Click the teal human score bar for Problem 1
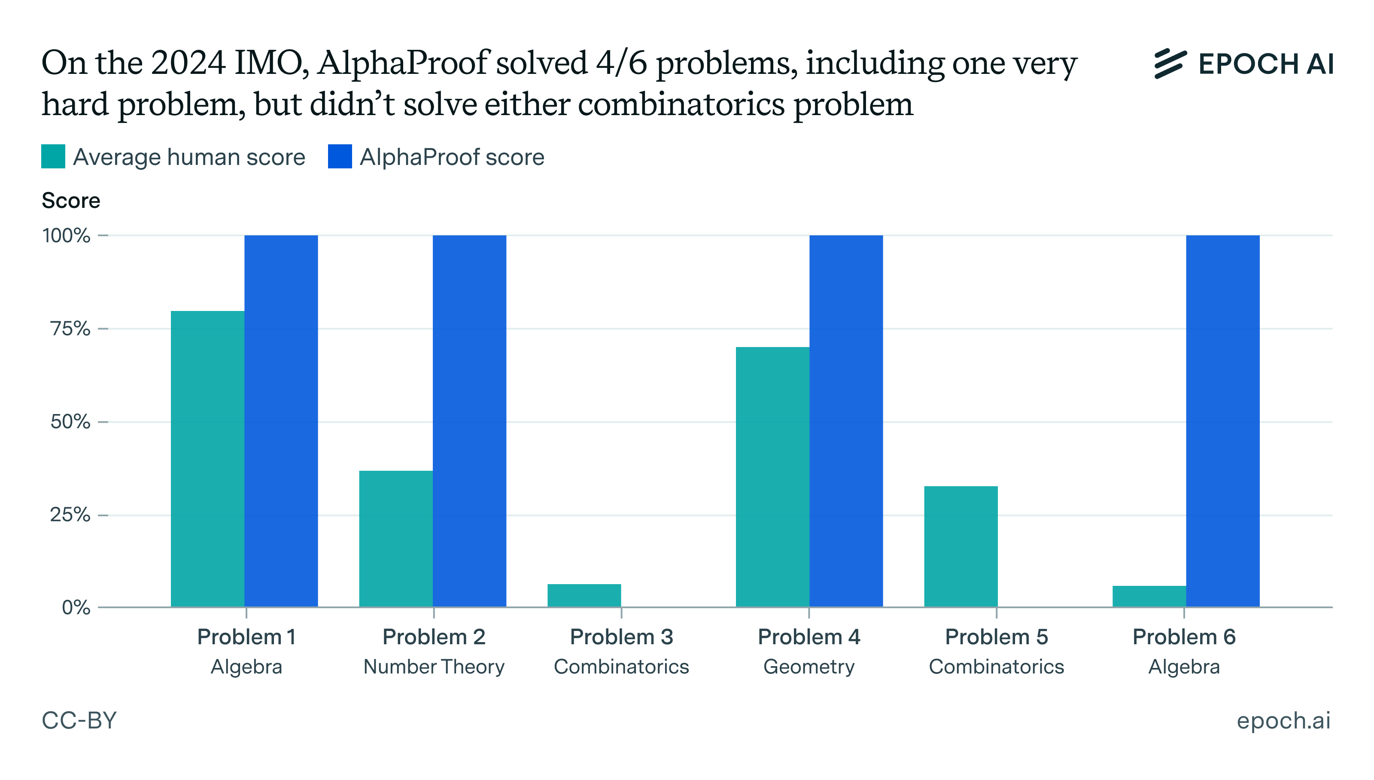pos(207,459)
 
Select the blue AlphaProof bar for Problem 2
pos(469,420)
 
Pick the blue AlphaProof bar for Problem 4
pos(845,420)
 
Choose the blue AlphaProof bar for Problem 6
pos(1222,420)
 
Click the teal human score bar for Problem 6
pos(1149,596)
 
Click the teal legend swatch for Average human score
pos(53,156)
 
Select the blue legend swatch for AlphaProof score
pos(340,156)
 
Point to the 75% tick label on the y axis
pos(70,329)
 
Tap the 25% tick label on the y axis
pos(70,515)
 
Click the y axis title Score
pos(71,200)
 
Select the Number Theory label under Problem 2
pos(434,667)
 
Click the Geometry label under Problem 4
pos(809,667)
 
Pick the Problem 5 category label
pos(996,637)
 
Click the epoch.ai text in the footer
pos(1283,721)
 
